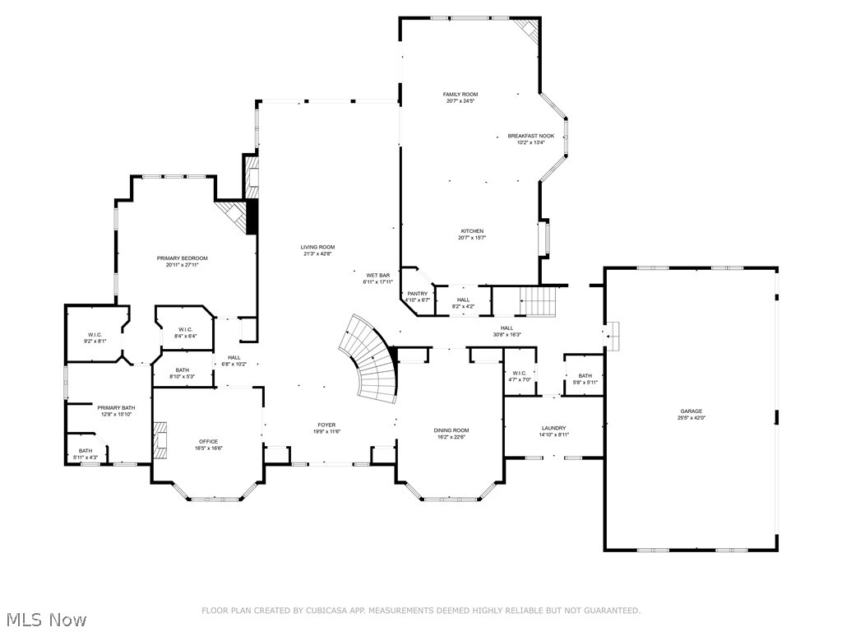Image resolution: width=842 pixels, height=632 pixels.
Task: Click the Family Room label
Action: pyautogui.click(x=460, y=95)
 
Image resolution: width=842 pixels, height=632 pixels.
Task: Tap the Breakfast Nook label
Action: pyautogui.click(x=530, y=136)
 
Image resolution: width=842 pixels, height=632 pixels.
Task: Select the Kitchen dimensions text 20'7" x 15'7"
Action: pyautogui.click(x=472, y=238)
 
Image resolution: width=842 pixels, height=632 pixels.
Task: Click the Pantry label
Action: pyautogui.click(x=417, y=294)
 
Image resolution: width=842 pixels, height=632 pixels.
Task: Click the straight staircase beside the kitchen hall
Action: pyautogui.click(x=539, y=301)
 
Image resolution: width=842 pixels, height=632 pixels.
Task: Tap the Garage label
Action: pyautogui.click(x=691, y=411)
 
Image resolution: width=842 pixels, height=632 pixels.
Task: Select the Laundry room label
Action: pyautogui.click(x=553, y=428)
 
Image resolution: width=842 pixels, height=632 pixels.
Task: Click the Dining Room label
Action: pyautogui.click(x=451, y=430)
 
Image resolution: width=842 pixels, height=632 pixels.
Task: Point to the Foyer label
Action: pyautogui.click(x=326, y=425)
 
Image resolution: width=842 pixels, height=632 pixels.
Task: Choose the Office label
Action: pyautogui.click(x=209, y=441)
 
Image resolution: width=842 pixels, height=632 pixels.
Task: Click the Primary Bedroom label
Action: pyautogui.click(x=182, y=258)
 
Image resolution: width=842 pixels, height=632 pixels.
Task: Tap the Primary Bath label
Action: pyautogui.click(x=116, y=407)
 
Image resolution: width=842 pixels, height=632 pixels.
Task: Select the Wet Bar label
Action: pyautogui.click(x=378, y=275)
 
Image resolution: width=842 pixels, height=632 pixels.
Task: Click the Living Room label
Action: pyautogui.click(x=317, y=247)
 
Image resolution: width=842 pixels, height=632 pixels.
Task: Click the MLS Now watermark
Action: pyautogui.click(x=46, y=619)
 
